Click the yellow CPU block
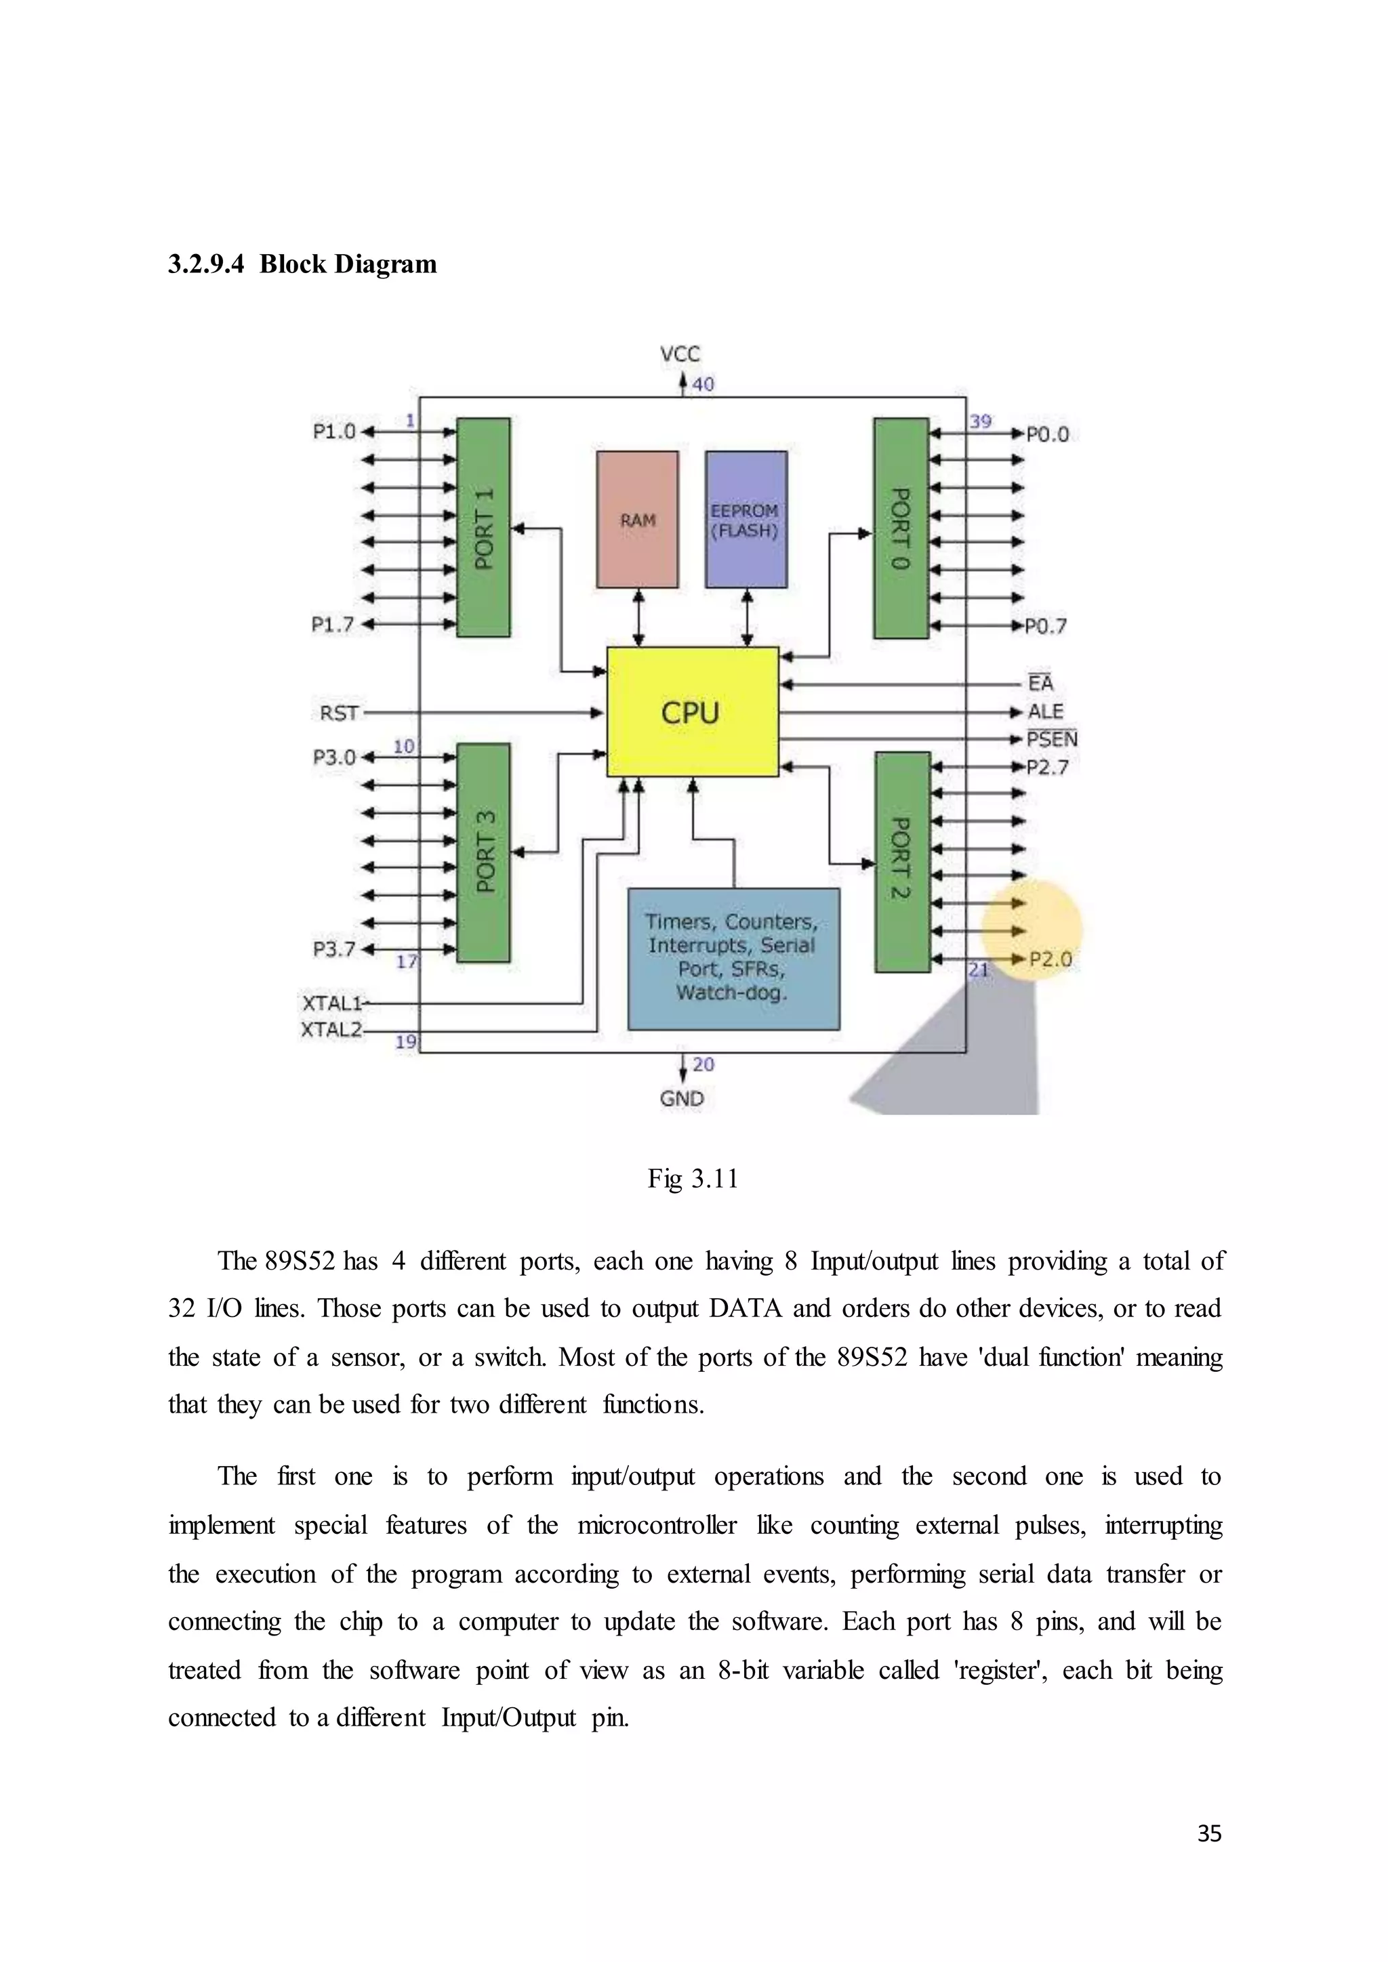692,711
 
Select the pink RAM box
638,520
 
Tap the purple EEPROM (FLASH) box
746,520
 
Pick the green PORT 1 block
484,527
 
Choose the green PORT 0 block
901,528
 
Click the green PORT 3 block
484,852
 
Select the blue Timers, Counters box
733,958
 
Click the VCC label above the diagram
680,354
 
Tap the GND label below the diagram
682,1098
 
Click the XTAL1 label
333,1003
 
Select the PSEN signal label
1052,739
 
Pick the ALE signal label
1045,711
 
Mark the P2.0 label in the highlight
1050,959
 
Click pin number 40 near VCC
703,385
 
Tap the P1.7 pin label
333,625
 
